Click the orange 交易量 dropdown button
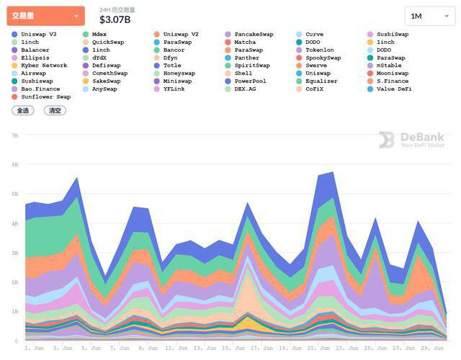(45, 16)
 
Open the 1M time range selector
(429, 16)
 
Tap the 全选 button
(22, 111)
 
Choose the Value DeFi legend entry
(393, 89)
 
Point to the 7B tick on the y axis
(14, 135)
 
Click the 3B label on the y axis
(14, 253)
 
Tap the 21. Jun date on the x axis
(318, 348)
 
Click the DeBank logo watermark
(410, 140)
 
